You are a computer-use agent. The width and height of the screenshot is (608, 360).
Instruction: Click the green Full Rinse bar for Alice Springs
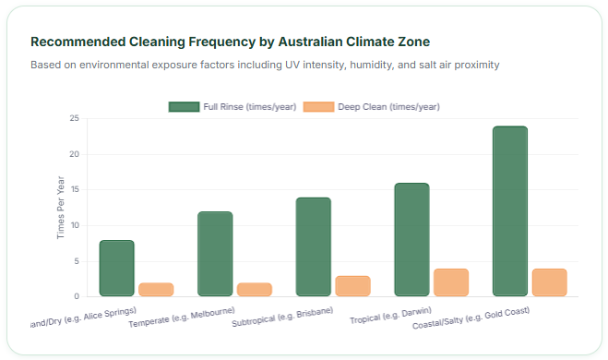117,269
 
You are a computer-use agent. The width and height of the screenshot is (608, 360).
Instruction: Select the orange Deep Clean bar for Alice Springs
156,290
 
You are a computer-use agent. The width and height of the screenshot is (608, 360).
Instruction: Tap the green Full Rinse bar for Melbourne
215,255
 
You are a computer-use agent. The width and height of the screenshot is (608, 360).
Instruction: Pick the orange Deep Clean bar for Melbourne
255,290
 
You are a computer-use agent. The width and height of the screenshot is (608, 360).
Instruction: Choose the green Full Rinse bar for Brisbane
314,247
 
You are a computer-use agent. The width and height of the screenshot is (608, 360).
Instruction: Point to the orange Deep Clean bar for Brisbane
352,286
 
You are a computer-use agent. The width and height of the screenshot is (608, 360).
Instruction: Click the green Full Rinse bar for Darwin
411,240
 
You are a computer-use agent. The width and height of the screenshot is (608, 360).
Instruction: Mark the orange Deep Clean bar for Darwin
451,282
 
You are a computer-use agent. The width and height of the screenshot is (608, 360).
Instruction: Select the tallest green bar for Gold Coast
510,211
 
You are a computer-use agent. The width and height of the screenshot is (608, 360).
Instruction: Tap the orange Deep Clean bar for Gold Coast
550,282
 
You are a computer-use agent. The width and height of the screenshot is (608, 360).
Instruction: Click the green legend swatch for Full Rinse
185,107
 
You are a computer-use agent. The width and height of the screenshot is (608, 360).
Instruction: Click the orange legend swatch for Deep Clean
318,107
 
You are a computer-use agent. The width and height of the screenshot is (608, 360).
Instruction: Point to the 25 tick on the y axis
75,119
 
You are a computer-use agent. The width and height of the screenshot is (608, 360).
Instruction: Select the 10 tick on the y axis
75,225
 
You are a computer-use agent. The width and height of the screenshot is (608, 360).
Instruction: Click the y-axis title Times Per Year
61,208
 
